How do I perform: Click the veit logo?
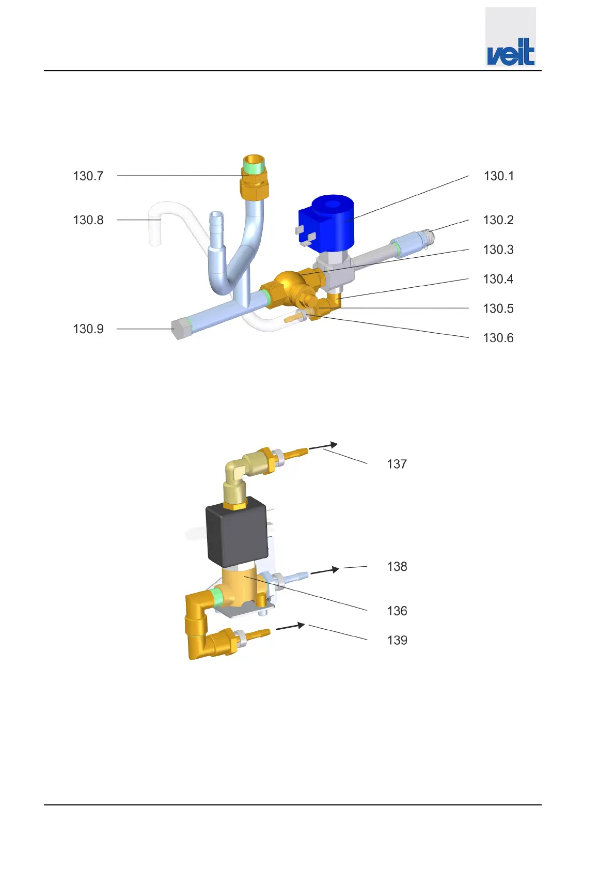pyautogui.click(x=510, y=51)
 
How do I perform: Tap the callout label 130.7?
pyautogui.click(x=88, y=176)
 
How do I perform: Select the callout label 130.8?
pyautogui.click(x=88, y=220)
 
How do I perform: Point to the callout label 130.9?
pyautogui.click(x=88, y=329)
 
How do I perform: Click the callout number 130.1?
pyautogui.click(x=498, y=176)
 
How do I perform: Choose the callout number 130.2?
pyautogui.click(x=498, y=220)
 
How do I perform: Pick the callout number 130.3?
pyautogui.click(x=498, y=250)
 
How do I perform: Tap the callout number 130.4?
pyautogui.click(x=498, y=279)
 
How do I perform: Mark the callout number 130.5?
pyautogui.click(x=498, y=308)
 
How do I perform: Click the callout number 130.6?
pyautogui.click(x=498, y=338)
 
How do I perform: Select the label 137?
pyautogui.click(x=397, y=464)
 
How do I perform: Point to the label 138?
pyautogui.click(x=397, y=567)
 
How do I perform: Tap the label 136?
pyautogui.click(x=397, y=611)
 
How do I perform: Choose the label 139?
pyautogui.click(x=397, y=641)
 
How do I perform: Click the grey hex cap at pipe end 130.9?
pyautogui.click(x=179, y=329)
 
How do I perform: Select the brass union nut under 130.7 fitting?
pyautogui.click(x=254, y=185)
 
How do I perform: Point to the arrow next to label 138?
pyautogui.click(x=324, y=571)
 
